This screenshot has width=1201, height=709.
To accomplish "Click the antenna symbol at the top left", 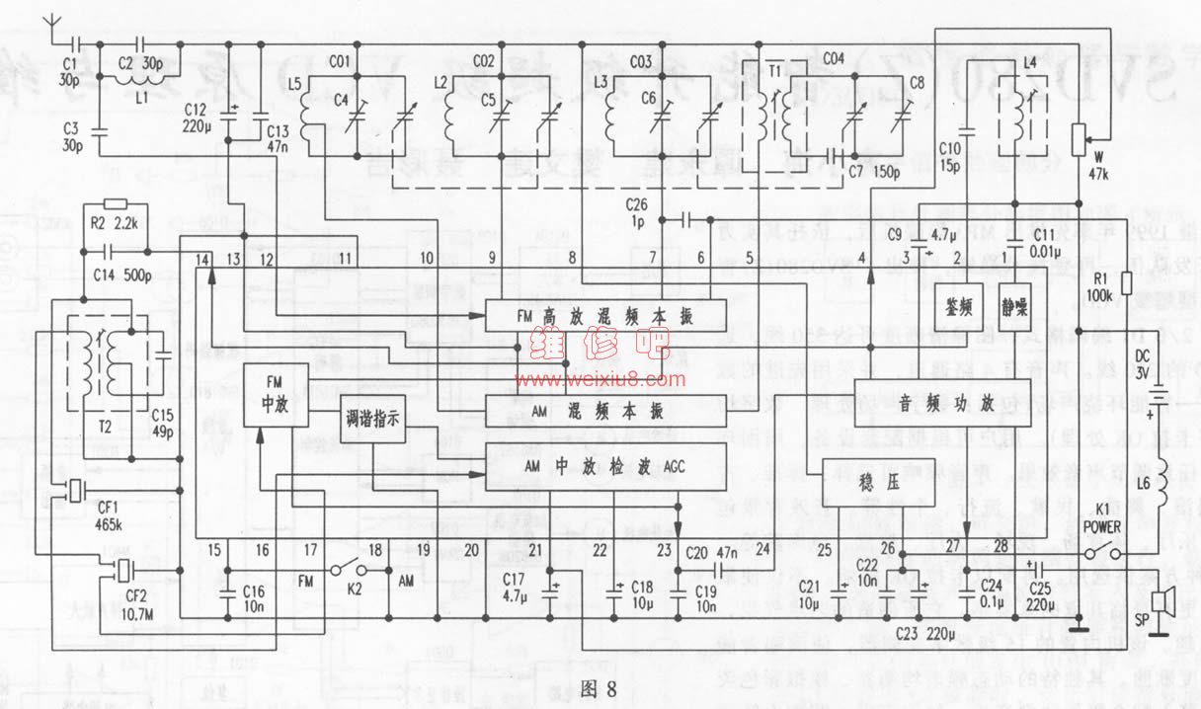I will [x=55, y=27].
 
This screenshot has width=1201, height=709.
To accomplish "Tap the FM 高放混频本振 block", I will [x=604, y=318].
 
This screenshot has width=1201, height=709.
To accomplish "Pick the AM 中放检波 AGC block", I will [x=604, y=465].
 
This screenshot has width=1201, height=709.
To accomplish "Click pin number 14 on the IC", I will [x=202, y=258].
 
